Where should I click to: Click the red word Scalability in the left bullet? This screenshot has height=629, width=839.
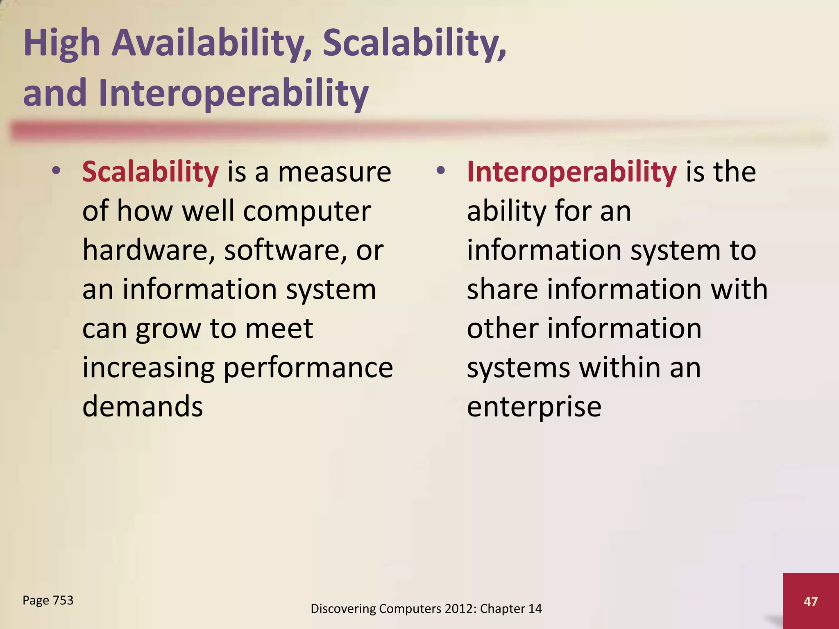tap(150, 172)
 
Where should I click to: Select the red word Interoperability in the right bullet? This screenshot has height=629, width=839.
tap(571, 172)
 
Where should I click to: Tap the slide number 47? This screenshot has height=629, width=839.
tap(810, 601)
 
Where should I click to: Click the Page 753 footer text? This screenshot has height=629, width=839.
tap(48, 600)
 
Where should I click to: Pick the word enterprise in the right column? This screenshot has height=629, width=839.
tap(534, 407)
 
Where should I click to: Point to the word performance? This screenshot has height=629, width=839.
tap(308, 368)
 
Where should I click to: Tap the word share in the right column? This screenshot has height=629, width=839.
tap(502, 289)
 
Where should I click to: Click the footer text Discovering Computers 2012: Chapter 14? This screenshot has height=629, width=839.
tap(426, 609)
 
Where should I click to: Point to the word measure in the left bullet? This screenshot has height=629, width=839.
tap(335, 172)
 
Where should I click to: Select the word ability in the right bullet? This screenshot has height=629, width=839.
tap(507, 212)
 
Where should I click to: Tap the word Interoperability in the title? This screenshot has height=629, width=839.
tap(234, 93)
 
